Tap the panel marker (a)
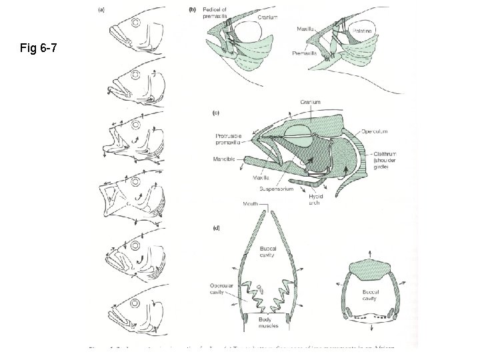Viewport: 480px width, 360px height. point(101,9)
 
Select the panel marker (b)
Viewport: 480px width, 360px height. point(193,9)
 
